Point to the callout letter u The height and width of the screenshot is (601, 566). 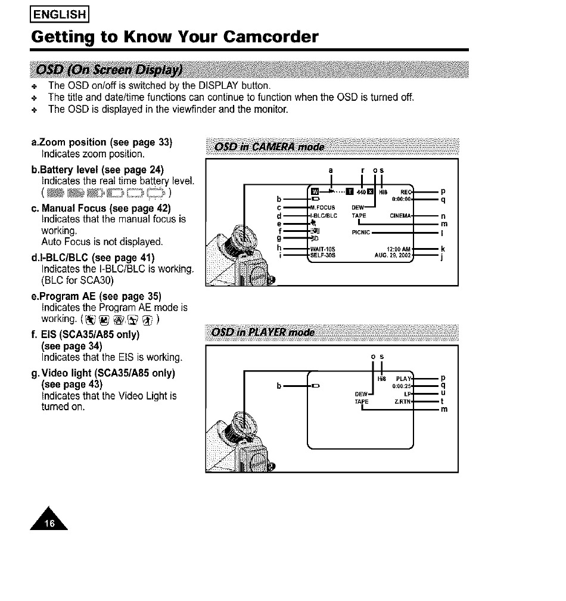[443, 394]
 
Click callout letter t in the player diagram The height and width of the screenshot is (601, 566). [443, 401]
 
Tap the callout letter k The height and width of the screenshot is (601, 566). [443, 248]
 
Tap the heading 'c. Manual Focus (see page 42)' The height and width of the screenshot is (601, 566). [99, 208]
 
